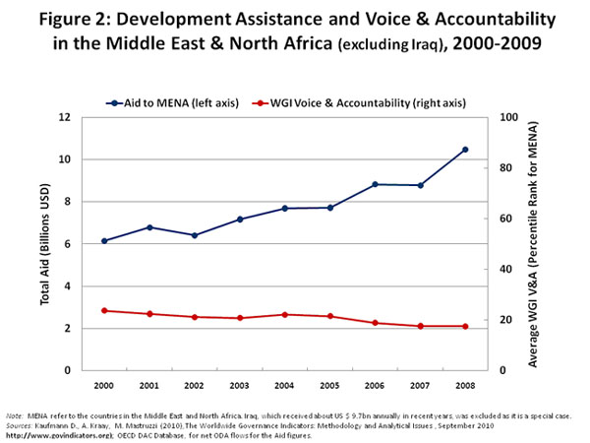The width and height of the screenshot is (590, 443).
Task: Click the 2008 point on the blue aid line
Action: pos(465,150)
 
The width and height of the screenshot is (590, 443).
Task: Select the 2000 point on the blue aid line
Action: pos(104,241)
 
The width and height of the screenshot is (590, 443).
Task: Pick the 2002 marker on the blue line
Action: pos(195,235)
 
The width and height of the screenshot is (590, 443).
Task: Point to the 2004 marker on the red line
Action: pos(284,315)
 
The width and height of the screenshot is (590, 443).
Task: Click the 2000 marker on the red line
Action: pos(104,310)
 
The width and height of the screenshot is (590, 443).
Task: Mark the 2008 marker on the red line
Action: pos(465,326)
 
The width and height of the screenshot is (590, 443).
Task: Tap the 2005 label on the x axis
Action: pos(329,384)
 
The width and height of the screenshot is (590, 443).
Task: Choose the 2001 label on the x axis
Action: pos(149,384)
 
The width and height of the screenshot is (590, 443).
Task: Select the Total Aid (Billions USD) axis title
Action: pos(45,243)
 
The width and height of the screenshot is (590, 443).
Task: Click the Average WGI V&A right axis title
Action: pos(533,243)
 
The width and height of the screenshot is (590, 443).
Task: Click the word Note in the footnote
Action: pos(15,416)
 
